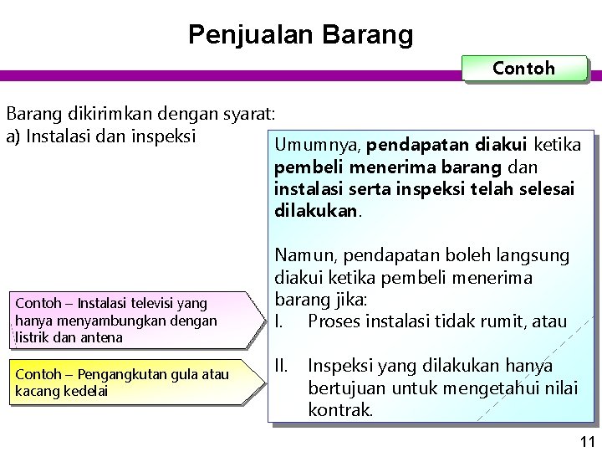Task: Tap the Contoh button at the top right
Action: (523, 69)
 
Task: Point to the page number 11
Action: (586, 441)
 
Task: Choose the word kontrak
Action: (339, 411)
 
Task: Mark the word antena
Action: (103, 336)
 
